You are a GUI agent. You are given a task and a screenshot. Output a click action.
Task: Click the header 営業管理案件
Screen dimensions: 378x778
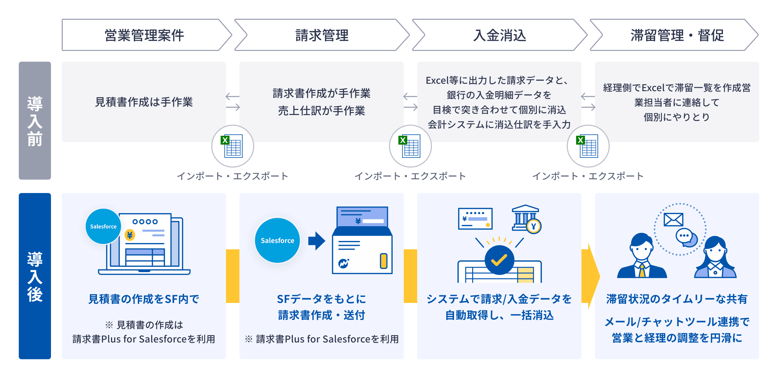pyautogui.click(x=144, y=35)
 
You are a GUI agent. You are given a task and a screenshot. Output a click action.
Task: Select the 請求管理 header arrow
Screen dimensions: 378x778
pyautogui.click(x=322, y=35)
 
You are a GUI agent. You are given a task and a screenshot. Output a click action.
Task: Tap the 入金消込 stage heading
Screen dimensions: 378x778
pyautogui.click(x=500, y=35)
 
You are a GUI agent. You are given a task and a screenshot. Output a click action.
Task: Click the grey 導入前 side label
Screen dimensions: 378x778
pyautogui.click(x=35, y=121)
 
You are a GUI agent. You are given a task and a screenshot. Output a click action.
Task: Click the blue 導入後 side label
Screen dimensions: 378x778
pyautogui.click(x=35, y=276)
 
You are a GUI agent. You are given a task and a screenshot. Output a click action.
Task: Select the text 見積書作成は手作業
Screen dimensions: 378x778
pyautogui.click(x=144, y=102)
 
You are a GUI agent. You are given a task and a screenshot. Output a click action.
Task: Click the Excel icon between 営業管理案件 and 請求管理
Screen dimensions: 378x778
pyautogui.click(x=232, y=146)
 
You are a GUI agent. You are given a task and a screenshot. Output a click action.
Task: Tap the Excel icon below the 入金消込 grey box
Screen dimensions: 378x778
pyautogui.click(x=410, y=146)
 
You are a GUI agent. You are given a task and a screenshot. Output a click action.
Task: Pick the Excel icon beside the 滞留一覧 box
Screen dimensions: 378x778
pyautogui.click(x=588, y=146)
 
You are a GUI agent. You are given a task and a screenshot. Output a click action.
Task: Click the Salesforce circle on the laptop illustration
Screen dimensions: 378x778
pyautogui.click(x=103, y=227)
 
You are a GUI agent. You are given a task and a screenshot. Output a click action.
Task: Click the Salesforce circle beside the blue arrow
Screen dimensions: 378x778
pyautogui.click(x=277, y=241)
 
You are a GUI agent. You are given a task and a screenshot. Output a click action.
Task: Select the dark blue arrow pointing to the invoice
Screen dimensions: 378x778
pyautogui.click(x=317, y=241)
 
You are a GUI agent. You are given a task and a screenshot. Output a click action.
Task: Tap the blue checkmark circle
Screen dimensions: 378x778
pyautogui.click(x=499, y=260)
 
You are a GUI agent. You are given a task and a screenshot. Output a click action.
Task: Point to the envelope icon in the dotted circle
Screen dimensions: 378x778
pyautogui.click(x=673, y=220)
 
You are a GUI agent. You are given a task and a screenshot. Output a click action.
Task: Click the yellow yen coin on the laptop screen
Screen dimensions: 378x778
pyautogui.click(x=130, y=235)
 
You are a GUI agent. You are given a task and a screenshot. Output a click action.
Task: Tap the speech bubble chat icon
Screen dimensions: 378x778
pyautogui.click(x=685, y=237)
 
